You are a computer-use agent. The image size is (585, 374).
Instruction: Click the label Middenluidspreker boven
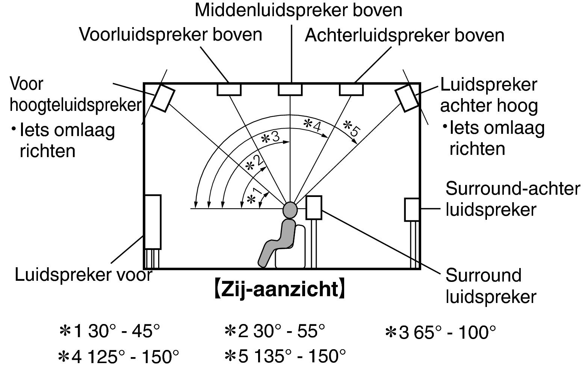(x=298, y=11)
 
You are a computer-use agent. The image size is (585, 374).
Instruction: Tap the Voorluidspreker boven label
(x=171, y=35)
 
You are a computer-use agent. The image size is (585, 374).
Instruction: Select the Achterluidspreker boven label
(x=405, y=35)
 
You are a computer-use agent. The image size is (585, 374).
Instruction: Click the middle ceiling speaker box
(x=290, y=89)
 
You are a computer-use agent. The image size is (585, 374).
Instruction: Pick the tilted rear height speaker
(x=407, y=98)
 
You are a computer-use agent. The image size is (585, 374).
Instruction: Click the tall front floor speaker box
(x=153, y=222)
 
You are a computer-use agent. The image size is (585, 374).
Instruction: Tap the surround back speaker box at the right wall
(x=412, y=210)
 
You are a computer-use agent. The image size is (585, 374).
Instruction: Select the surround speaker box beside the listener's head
(x=314, y=207)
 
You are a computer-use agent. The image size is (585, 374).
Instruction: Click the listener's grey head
(x=290, y=210)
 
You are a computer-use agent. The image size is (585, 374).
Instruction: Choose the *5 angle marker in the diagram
(x=352, y=128)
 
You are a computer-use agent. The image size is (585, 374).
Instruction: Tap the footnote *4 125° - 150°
(x=119, y=357)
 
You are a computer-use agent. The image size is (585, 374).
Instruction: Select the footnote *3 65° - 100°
(x=441, y=333)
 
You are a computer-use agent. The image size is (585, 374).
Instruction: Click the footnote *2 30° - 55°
(x=275, y=331)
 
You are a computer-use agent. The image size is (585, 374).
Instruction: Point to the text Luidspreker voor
(x=83, y=275)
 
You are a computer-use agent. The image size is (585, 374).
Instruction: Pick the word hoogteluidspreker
(x=76, y=105)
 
